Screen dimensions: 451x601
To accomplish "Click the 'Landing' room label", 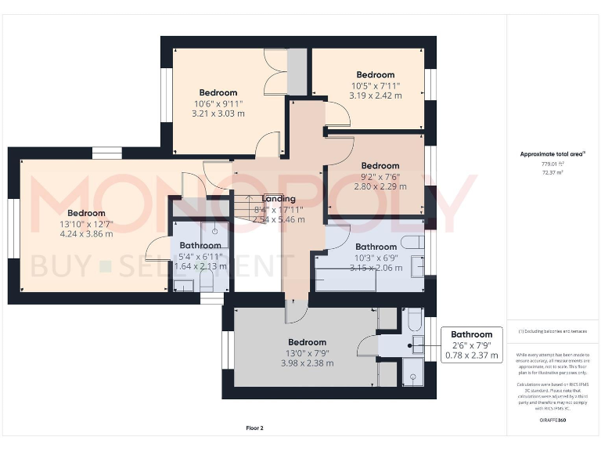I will coord(279,199).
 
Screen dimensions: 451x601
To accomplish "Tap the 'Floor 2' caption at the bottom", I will coord(254,428).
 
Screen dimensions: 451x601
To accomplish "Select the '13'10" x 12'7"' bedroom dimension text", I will coord(86,224).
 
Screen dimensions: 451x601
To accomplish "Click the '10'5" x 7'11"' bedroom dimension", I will coord(376,86).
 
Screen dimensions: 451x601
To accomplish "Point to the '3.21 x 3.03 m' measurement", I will coord(218,114).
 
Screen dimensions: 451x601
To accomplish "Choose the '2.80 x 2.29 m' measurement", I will coord(380,187).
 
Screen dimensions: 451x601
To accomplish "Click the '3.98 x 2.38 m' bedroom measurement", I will coord(307,363).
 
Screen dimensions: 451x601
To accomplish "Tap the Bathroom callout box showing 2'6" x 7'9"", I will coord(471,345).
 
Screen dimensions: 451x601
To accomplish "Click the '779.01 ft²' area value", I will coord(552,164).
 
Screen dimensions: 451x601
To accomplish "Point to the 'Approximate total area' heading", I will coord(552,154).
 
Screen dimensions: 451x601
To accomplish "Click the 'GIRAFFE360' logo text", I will coord(552,420).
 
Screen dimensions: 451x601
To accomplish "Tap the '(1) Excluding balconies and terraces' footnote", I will coord(552,331).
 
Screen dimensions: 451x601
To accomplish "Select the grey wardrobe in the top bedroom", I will coord(297,71).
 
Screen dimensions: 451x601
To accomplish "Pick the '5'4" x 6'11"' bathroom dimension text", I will coord(200,256).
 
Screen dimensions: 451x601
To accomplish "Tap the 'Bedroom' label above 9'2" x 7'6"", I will coord(380,166).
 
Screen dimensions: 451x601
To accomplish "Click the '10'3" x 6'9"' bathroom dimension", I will coord(376,258).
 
